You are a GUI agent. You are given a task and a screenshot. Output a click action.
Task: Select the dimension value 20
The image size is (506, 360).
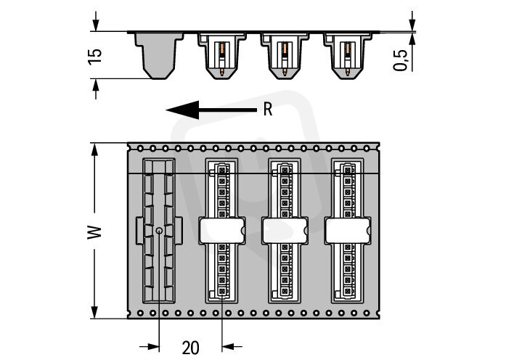pos(190,347)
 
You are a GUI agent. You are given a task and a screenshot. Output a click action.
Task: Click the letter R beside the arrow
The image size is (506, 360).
pos(267,110)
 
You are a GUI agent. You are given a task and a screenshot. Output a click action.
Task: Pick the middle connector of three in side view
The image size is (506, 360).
pos(285,54)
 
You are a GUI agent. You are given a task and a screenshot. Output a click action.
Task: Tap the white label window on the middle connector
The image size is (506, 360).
pos(285,231)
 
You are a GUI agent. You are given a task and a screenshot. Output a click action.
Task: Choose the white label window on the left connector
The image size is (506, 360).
pos(222,231)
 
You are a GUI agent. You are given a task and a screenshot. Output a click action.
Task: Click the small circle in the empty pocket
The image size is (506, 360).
pos(159,232)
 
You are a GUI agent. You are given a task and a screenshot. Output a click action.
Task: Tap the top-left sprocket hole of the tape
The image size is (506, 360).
pos(139,147)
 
